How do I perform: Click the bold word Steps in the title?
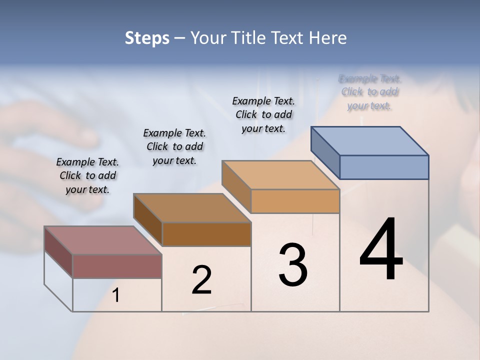click(x=147, y=38)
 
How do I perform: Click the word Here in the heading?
click(x=327, y=38)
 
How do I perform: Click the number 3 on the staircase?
click(x=293, y=265)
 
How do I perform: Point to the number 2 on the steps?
click(x=202, y=280)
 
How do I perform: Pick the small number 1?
click(x=116, y=295)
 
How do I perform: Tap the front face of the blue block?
click(x=384, y=167)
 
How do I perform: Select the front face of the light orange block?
click(x=295, y=201)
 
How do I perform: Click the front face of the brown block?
click(x=206, y=234)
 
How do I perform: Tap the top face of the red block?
click(x=103, y=240)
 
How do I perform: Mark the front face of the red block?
click(x=117, y=266)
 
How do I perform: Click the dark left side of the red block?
click(x=58, y=252)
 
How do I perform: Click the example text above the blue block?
click(x=370, y=92)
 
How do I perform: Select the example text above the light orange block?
click(x=263, y=114)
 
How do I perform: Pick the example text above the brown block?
click(x=174, y=146)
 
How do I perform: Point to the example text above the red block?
click(x=87, y=175)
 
